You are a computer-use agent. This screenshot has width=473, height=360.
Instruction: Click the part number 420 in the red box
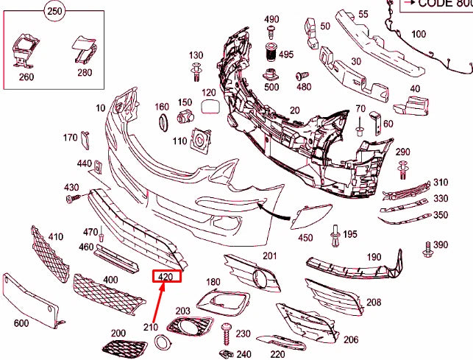166,277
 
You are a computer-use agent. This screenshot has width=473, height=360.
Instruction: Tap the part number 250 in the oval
54,10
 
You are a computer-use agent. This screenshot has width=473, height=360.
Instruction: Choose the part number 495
285,54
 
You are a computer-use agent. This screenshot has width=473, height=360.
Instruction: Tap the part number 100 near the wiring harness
418,34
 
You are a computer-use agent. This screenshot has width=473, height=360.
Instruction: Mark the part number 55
363,14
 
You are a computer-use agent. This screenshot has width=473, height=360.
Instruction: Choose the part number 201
270,255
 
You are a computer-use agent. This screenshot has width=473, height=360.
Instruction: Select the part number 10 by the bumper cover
100,108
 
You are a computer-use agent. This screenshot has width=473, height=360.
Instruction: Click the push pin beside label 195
335,233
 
